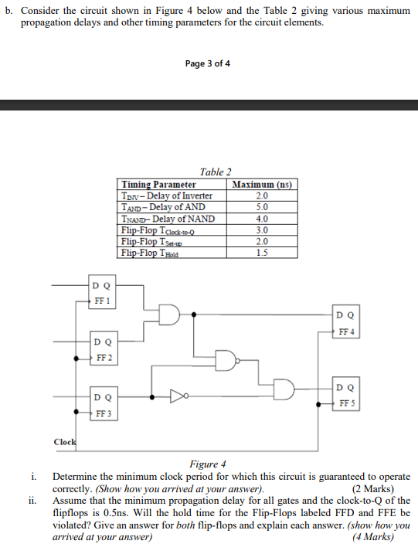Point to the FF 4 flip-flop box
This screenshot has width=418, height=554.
(346, 323)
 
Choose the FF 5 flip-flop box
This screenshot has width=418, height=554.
(346, 395)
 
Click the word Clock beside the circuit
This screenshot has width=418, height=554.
(64, 442)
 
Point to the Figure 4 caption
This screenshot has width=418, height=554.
(209, 464)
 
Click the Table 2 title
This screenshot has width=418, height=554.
(216, 172)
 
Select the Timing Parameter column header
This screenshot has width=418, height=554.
(158, 185)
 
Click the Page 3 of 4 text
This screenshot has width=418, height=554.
(209, 63)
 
